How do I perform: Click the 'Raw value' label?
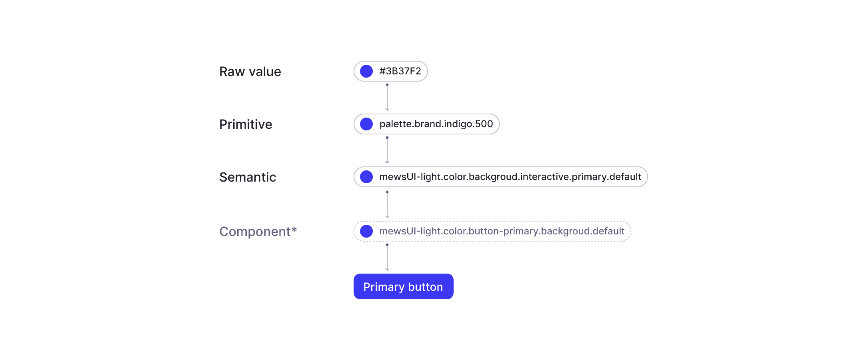(250, 72)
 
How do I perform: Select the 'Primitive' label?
(246, 124)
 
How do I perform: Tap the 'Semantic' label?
(248, 177)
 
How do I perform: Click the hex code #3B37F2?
(400, 71)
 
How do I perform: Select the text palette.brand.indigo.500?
(436, 124)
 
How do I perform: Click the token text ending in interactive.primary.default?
(510, 177)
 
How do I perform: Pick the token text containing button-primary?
(502, 231)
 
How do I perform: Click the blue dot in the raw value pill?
(366, 71)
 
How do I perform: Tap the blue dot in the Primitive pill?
(366, 124)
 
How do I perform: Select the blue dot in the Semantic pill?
(366, 177)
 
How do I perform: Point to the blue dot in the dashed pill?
(366, 231)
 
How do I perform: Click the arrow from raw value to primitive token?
(387, 97)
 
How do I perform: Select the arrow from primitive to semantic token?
(387, 150)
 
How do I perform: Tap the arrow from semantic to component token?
(387, 204)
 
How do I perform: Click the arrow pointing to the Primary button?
(387, 257)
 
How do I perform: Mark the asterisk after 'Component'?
(294, 230)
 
